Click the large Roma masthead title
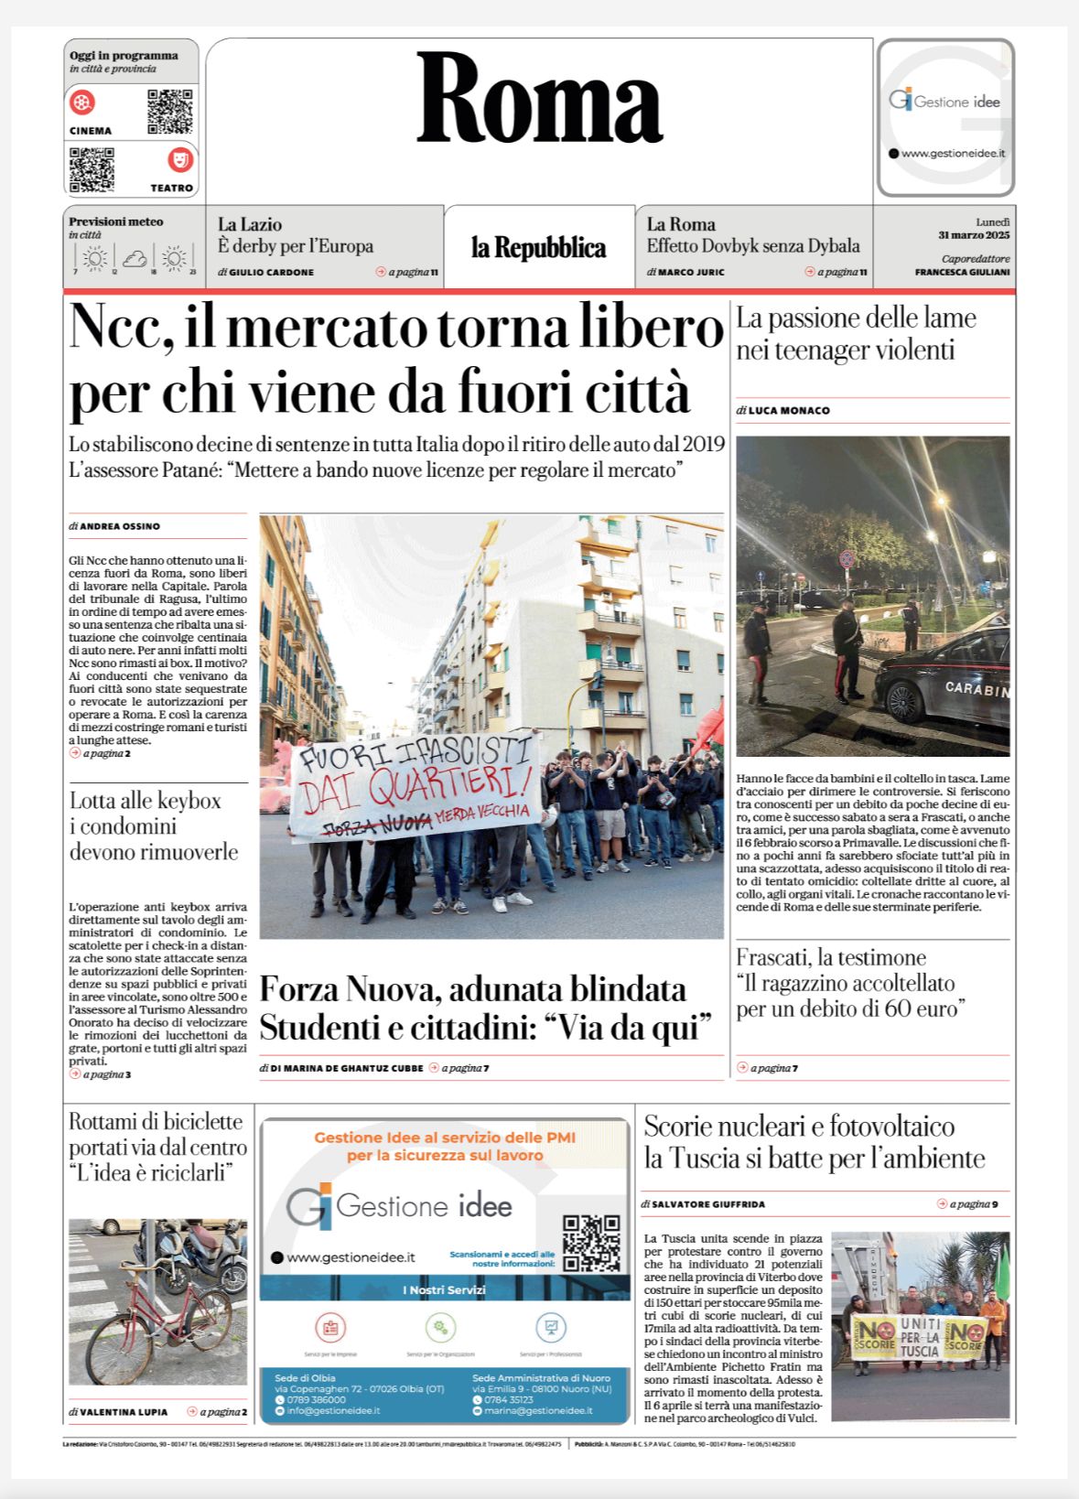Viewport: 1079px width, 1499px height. [539, 99]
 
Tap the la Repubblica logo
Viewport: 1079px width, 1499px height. [538, 248]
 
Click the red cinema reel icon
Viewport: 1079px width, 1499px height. [82, 102]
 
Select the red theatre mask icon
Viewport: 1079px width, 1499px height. [180, 160]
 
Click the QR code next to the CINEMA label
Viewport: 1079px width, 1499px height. [170, 112]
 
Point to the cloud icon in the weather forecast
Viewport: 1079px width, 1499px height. [135, 259]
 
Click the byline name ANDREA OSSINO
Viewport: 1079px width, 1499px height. [119, 526]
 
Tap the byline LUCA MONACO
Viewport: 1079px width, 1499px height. [788, 411]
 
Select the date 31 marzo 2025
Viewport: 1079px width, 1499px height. [974, 235]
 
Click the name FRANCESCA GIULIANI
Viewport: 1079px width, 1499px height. [962, 272]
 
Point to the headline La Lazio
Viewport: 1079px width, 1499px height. [250, 224]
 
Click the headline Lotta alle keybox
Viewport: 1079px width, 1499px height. [146, 801]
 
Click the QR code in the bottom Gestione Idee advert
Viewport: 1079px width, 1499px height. [590, 1242]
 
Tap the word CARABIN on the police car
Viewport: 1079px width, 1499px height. [976, 688]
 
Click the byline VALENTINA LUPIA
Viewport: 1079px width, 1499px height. [124, 1412]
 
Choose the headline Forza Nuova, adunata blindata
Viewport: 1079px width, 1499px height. [472, 989]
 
